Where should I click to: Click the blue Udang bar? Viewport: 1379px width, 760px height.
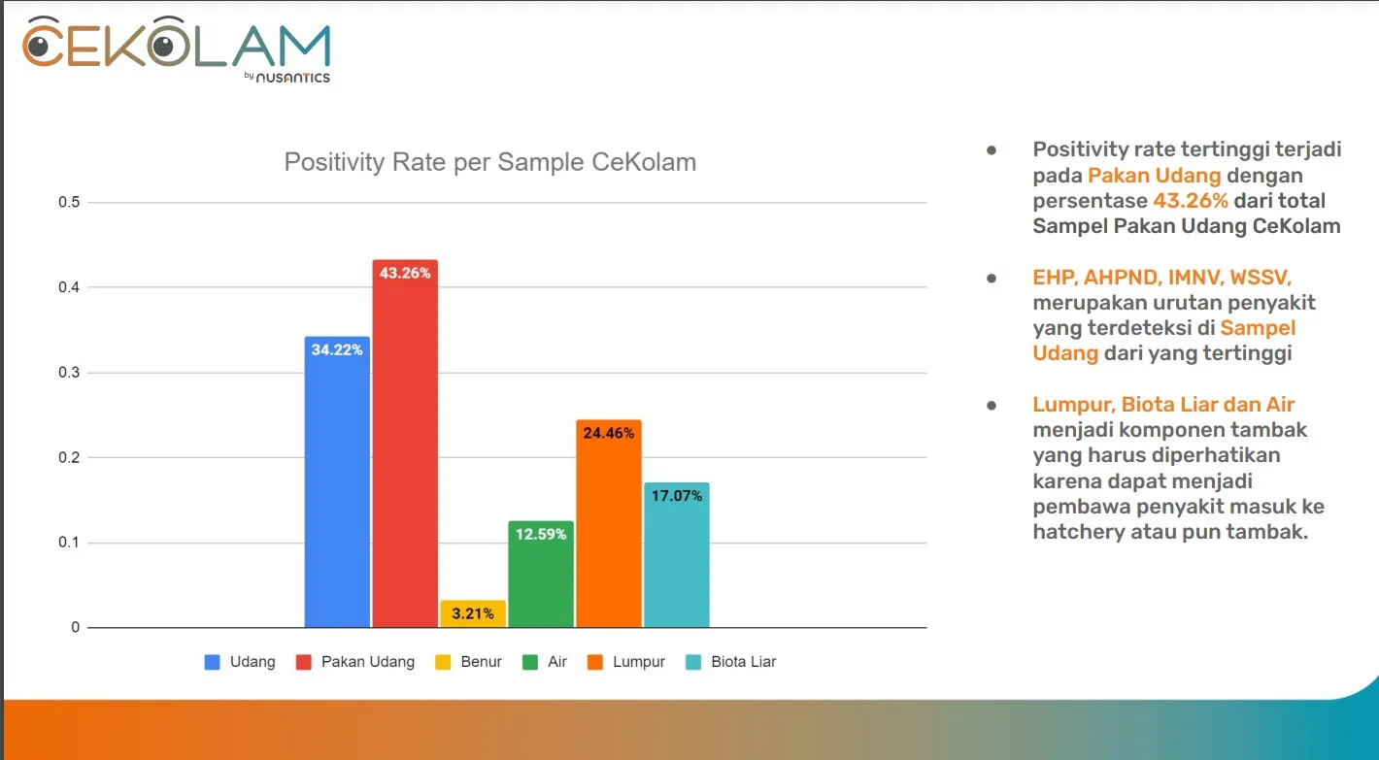tap(337, 485)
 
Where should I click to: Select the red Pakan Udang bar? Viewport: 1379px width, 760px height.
tap(405, 446)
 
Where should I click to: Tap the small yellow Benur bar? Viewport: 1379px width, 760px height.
tap(473, 613)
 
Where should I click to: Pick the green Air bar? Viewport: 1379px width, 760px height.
tap(541, 582)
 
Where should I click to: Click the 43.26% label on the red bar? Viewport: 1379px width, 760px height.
tap(405, 274)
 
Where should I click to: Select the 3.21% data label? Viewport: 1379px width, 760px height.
tap(473, 613)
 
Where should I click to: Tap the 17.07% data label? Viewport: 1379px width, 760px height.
tap(677, 496)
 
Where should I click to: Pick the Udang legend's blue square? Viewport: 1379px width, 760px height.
tap(212, 662)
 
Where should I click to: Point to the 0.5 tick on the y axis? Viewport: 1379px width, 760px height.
tap(69, 203)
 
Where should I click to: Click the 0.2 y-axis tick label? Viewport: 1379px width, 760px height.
tap(69, 458)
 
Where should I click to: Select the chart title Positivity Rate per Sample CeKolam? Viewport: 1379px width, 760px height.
tap(489, 162)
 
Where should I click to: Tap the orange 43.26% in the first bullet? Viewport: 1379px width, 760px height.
tap(1191, 201)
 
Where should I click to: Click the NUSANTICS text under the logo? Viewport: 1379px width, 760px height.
tap(293, 78)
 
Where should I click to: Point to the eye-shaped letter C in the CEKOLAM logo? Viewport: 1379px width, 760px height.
tap(44, 45)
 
